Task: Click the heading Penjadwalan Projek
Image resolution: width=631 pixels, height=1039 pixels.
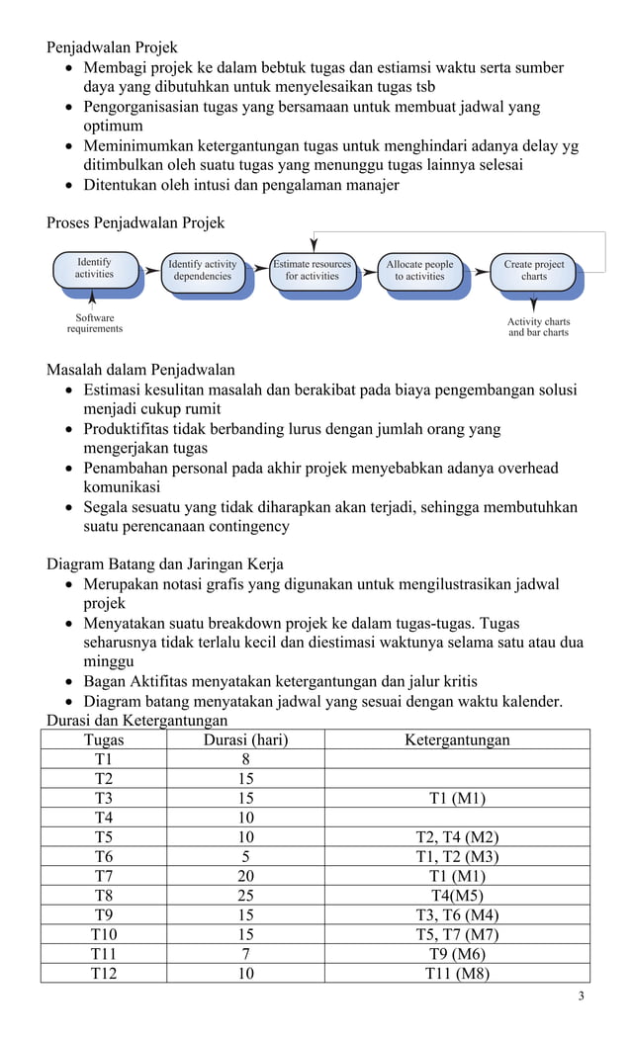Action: tap(112, 47)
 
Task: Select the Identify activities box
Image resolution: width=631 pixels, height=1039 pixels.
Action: tap(95, 269)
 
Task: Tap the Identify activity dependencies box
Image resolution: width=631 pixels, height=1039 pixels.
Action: tap(203, 270)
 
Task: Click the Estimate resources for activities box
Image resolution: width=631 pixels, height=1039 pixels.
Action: tap(312, 270)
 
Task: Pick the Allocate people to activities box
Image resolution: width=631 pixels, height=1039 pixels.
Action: tap(419, 270)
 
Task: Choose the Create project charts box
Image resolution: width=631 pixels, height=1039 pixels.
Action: tap(534, 270)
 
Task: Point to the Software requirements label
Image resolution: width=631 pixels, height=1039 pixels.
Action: tap(95, 323)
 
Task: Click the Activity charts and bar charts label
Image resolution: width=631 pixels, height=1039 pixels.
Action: tap(538, 327)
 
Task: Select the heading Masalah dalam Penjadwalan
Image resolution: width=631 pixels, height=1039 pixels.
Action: tap(140, 371)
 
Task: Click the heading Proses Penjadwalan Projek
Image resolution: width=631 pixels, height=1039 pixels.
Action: tap(135, 222)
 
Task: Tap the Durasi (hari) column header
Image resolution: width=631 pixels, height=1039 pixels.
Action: tap(245, 740)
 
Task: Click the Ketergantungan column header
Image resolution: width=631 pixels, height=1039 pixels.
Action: tap(457, 740)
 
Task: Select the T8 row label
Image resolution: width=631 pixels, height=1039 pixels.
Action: tap(104, 896)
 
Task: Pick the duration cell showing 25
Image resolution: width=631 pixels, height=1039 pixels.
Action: tap(245, 896)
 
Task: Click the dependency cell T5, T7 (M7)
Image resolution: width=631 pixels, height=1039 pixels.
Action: tap(457, 934)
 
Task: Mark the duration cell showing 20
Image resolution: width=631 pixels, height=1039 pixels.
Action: tap(245, 876)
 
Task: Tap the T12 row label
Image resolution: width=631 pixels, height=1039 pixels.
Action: tap(104, 973)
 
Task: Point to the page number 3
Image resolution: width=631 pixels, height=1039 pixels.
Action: tap(581, 996)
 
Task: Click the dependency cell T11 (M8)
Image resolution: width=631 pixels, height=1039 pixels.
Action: tap(457, 973)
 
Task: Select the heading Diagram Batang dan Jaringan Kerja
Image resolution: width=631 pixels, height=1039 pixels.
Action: tap(165, 564)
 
